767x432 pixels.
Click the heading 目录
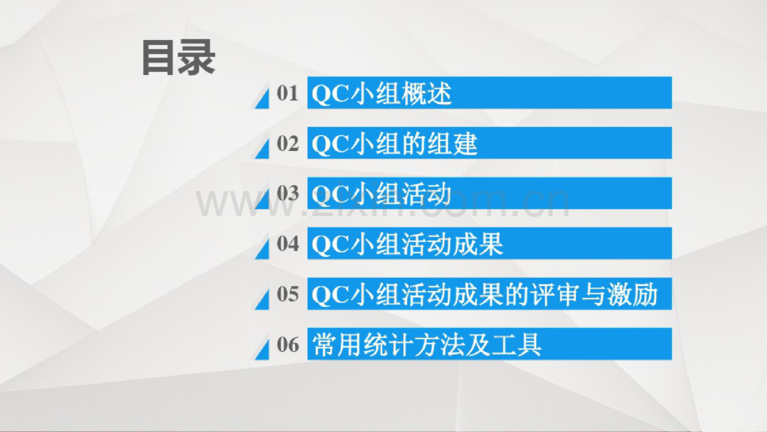pyautogui.click(x=178, y=58)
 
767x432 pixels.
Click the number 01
pyautogui.click(x=287, y=93)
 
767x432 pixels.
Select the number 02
pyautogui.click(x=287, y=143)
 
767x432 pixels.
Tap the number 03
pyautogui.click(x=287, y=193)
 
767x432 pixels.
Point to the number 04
pyautogui.click(x=287, y=244)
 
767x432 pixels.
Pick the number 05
pyautogui.click(x=287, y=294)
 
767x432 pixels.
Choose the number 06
pyautogui.click(x=287, y=344)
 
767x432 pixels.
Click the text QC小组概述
pyautogui.click(x=381, y=93)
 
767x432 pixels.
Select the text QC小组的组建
pyautogui.click(x=394, y=143)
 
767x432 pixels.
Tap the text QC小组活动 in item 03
pyautogui.click(x=381, y=193)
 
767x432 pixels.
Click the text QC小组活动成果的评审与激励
pyautogui.click(x=484, y=294)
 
